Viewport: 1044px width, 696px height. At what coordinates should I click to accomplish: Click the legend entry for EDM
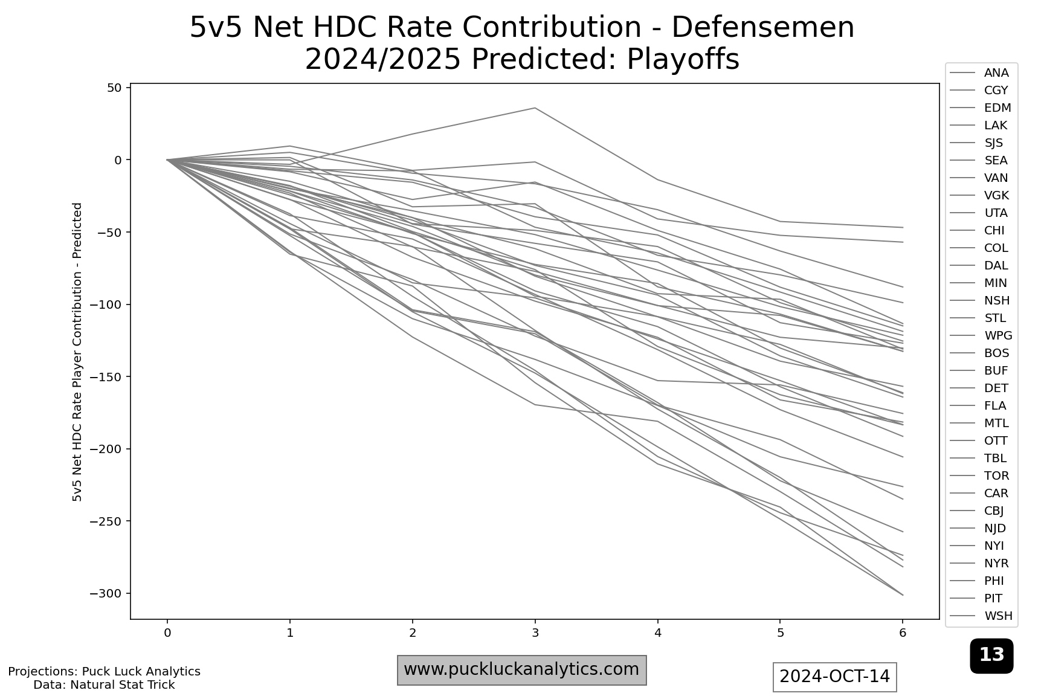point(981,108)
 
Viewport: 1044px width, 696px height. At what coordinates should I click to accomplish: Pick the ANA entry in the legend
point(979,72)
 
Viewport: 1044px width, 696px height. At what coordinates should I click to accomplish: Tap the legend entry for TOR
point(979,476)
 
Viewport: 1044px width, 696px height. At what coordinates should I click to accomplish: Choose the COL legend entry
point(979,248)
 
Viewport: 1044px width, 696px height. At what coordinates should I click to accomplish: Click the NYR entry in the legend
point(979,564)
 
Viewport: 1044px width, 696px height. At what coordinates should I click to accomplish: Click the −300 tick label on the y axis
point(106,594)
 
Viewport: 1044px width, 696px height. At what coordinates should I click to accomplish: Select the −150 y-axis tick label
point(106,377)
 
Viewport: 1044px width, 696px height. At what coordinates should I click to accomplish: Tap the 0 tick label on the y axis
point(119,160)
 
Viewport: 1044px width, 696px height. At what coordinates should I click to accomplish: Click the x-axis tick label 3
point(535,633)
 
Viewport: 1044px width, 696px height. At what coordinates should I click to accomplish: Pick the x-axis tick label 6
point(903,633)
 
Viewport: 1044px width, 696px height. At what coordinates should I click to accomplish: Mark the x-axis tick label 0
point(167,633)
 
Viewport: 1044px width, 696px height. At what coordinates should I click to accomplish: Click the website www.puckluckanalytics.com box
point(522,670)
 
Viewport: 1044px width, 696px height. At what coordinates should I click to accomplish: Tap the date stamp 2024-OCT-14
point(835,677)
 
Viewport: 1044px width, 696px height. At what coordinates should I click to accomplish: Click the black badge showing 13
point(991,656)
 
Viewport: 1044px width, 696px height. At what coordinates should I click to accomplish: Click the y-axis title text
point(77,352)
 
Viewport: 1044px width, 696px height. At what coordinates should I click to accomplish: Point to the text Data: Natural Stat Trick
point(104,685)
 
